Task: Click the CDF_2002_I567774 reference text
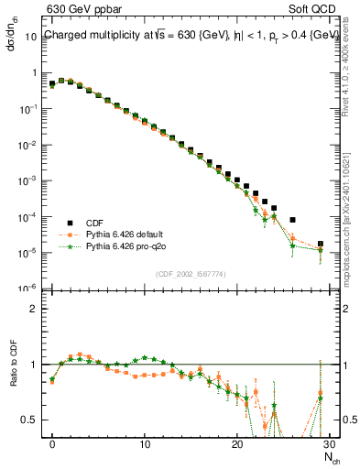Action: [191, 274]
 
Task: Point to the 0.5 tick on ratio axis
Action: [32, 420]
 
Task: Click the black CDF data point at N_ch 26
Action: [292, 220]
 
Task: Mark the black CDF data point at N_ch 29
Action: [320, 245]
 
